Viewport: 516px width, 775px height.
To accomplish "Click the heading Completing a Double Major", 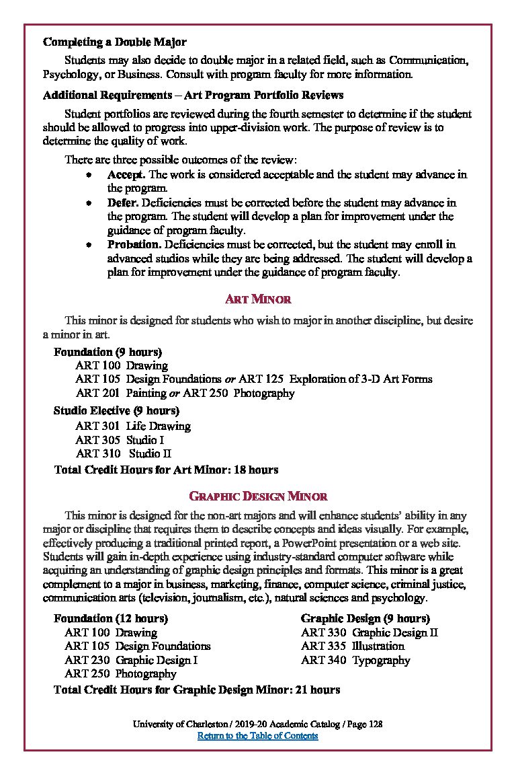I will click(115, 42).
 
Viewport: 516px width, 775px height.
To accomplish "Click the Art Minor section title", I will click(258, 299).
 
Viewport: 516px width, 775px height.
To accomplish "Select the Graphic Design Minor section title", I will click(258, 496).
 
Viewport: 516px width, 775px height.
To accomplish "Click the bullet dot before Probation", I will click(89, 245).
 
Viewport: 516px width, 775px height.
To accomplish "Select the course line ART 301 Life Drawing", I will click(133, 426).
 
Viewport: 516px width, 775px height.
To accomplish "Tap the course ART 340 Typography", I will click(355, 660).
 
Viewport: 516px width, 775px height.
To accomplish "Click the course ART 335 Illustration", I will click(353, 646).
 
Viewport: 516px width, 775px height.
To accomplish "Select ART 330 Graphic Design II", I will click(370, 632).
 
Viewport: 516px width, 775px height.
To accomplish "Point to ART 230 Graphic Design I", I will click(131, 660).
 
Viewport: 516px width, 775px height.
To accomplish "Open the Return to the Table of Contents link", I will click(257, 735).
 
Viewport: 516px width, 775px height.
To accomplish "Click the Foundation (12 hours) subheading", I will click(111, 618).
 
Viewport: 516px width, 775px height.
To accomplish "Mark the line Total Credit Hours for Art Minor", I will click(166, 470).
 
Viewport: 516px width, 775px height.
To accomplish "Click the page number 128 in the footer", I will click(375, 724).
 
